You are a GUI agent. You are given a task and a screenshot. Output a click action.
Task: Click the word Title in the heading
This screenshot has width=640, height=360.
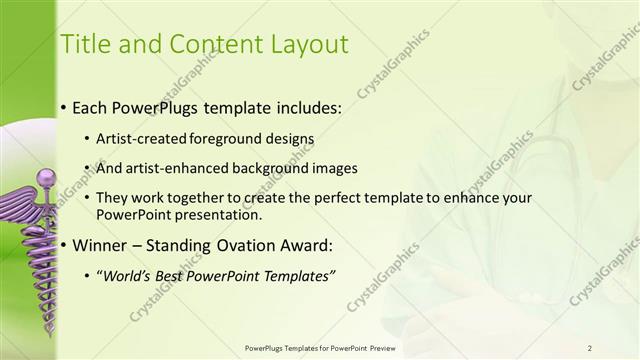pos(84,44)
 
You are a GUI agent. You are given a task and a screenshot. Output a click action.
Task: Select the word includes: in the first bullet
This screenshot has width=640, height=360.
pos(304,105)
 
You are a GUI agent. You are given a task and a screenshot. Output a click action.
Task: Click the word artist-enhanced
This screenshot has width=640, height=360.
pos(171,168)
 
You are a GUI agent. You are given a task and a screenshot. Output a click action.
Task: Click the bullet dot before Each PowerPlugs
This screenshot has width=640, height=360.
pos(64,106)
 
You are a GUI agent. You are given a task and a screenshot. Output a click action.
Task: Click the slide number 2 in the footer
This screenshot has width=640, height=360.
pos(590,347)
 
